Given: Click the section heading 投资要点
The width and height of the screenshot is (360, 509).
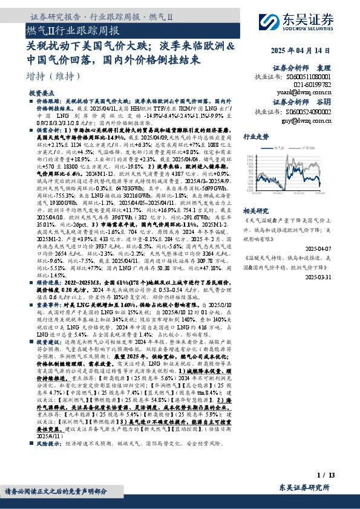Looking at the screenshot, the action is click(x=42, y=94).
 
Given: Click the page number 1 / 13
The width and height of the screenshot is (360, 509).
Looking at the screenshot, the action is click(x=325, y=476).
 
